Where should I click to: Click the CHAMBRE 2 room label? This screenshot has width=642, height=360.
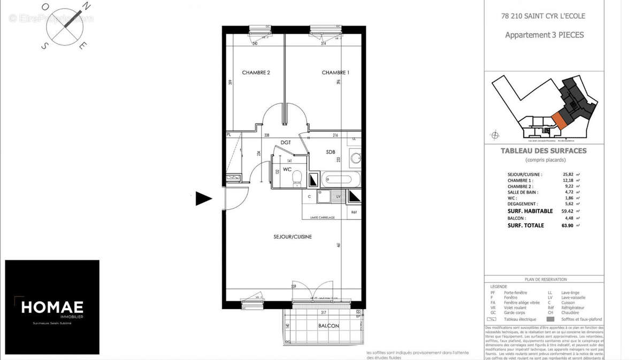tap(256, 73)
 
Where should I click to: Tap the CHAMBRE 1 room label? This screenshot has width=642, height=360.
tap(335, 73)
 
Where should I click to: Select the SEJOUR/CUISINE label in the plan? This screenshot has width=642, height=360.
tap(293, 236)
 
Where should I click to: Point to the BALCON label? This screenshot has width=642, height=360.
tap(328, 326)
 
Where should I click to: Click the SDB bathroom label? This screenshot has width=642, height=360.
tap(331, 152)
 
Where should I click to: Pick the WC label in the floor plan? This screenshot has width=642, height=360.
tap(287, 170)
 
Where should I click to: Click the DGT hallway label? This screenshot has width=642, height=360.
tap(286, 143)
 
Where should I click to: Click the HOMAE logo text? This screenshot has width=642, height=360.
tap(52, 307)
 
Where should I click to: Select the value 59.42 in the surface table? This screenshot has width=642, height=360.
tap(568, 211)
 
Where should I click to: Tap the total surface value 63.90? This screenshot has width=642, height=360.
tap(568, 226)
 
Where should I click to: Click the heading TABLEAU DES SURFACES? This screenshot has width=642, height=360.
tap(544, 151)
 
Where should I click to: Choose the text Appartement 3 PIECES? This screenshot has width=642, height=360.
tap(545, 35)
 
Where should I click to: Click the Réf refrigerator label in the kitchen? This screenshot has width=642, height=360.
tap(354, 212)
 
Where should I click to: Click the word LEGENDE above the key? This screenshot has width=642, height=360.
tap(499, 287)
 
